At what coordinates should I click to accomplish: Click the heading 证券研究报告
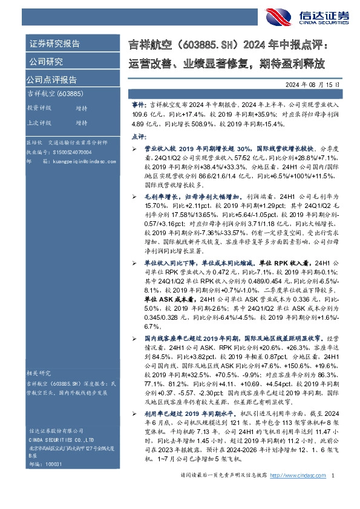pyautogui.click(x=54, y=44)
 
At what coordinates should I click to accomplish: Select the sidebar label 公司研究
pyautogui.click(x=46, y=62)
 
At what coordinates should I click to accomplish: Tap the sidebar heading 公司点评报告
pyautogui.click(x=51, y=80)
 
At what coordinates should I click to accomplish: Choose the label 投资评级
pyautogui.click(x=39, y=108)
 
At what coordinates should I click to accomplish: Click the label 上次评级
pyautogui.click(x=39, y=123)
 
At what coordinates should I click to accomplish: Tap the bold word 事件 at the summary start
pyautogui.click(x=139, y=105)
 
